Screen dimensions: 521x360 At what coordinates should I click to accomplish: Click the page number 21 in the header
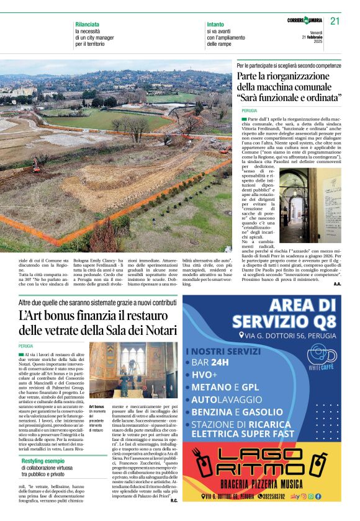pyautogui.click(x=335, y=21)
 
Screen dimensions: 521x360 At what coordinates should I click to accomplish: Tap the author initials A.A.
pyautogui.click(x=336, y=283)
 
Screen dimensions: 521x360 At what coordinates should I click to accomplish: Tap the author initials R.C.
pyautogui.click(x=174, y=501)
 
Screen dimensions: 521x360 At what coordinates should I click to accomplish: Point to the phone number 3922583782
pyautogui.click(x=272, y=497)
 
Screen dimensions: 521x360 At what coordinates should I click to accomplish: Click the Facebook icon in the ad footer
pyautogui.click(x=318, y=497)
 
